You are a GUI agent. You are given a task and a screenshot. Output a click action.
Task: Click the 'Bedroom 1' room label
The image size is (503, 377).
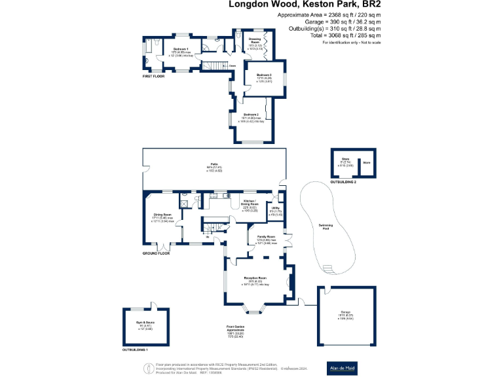tap(180, 49)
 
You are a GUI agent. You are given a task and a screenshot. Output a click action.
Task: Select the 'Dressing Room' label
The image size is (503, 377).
tap(255, 41)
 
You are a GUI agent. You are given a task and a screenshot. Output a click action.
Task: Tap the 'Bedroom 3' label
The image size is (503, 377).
tap(264, 76)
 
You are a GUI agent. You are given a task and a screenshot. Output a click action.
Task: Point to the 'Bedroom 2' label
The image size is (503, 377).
tap(252, 115)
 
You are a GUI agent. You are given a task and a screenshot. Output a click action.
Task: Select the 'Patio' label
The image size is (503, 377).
tap(214, 164)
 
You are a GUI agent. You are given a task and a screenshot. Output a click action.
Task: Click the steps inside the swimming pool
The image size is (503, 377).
tap(328, 267)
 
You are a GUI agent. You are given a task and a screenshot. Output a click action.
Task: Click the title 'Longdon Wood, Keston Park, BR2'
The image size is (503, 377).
tap(305, 5)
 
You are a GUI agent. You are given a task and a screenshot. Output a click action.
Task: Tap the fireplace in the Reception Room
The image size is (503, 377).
tap(290, 281)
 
